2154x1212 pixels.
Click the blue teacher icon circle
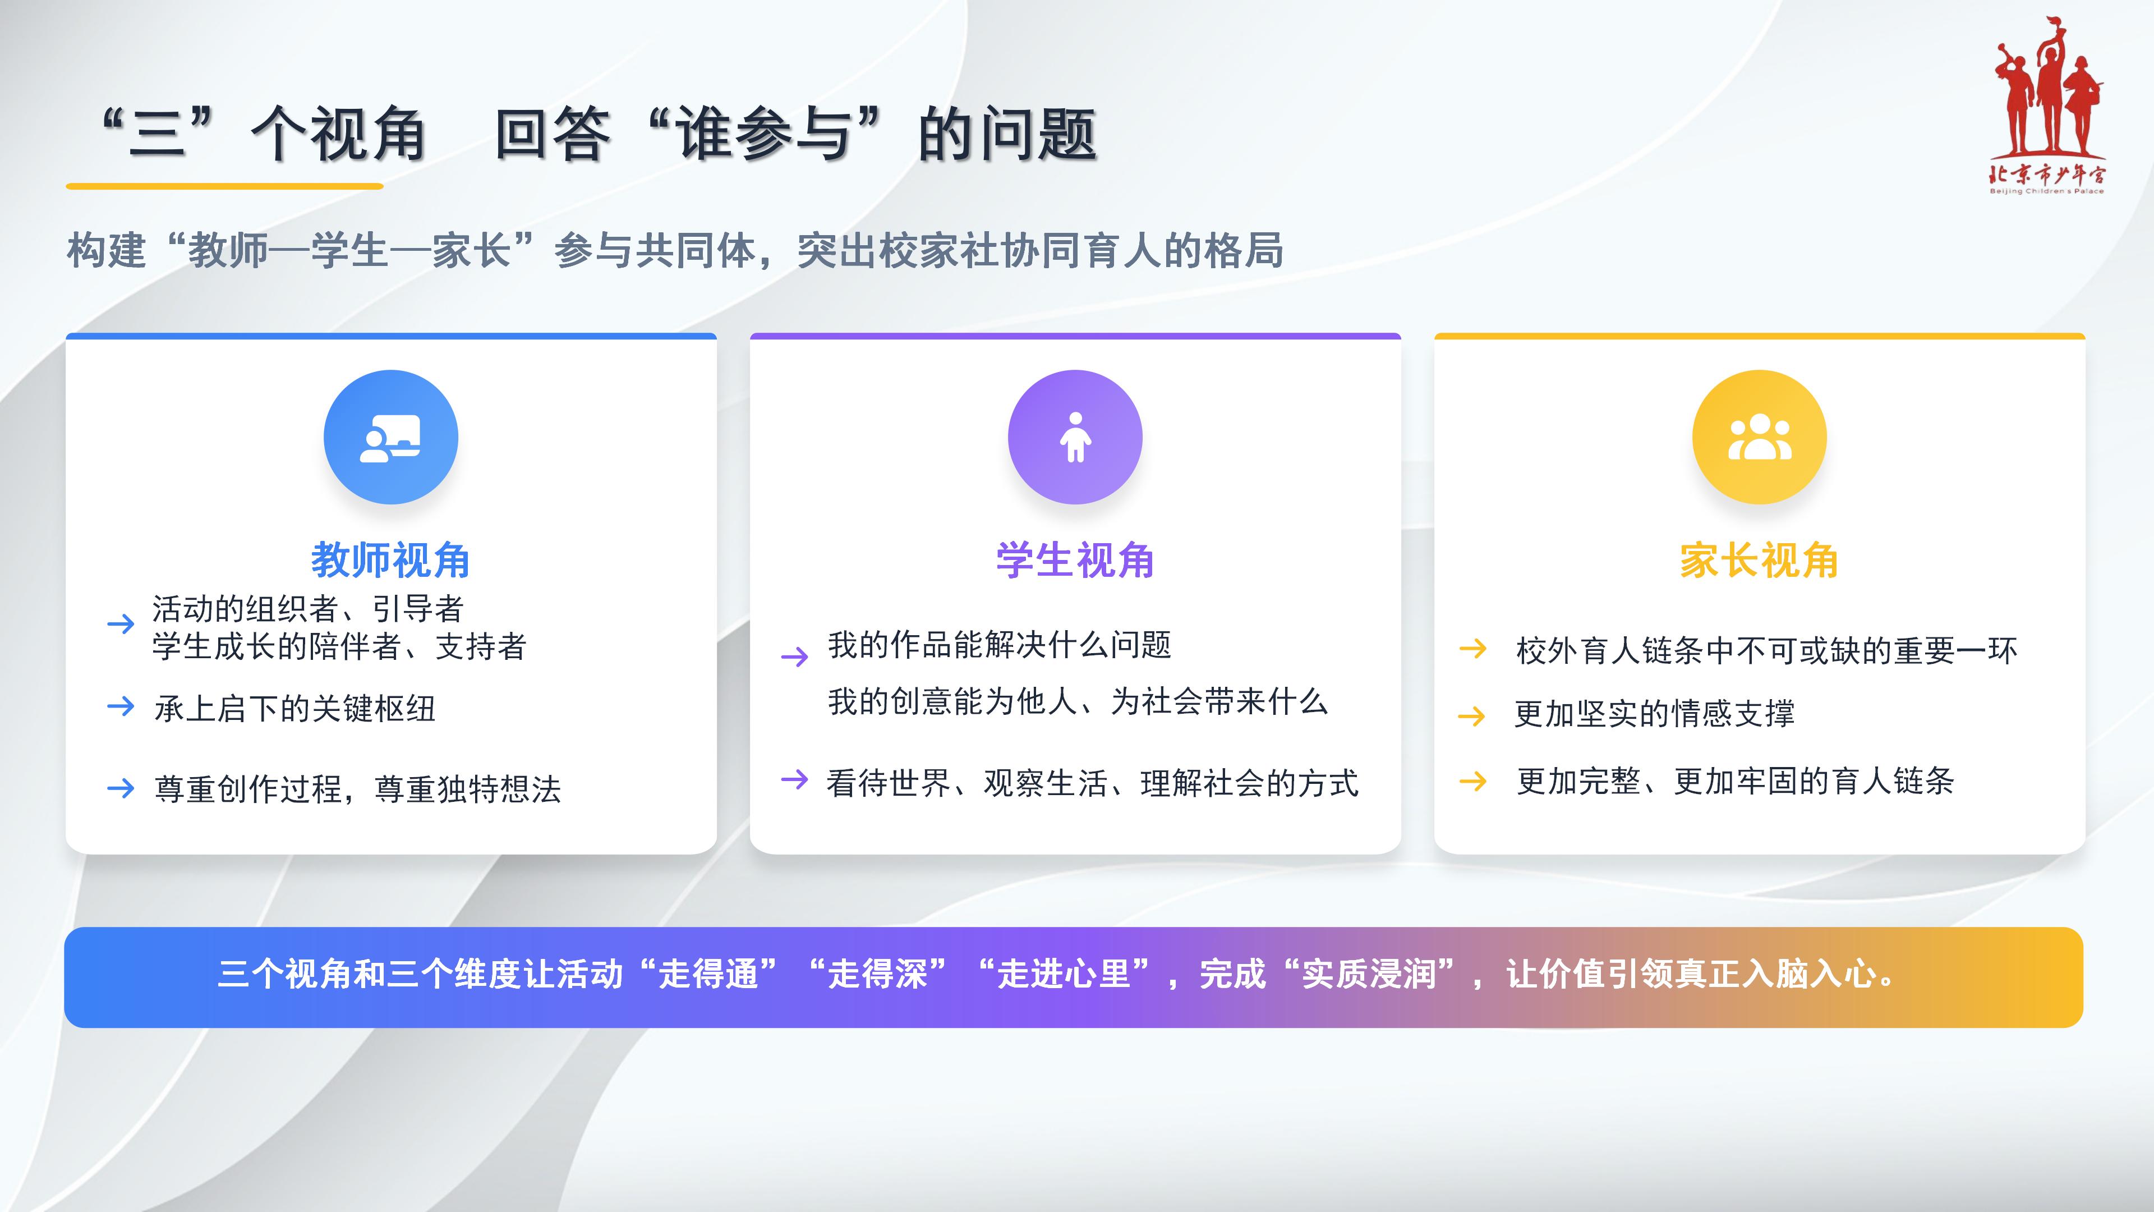point(390,437)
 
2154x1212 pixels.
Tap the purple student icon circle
point(1075,437)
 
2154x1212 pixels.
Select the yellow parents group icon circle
point(1759,437)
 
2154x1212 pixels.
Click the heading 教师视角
point(390,559)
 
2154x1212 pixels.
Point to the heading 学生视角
point(1075,559)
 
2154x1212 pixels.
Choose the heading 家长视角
point(1759,559)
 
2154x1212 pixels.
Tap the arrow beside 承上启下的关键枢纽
point(121,707)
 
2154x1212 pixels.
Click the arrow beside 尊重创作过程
point(121,788)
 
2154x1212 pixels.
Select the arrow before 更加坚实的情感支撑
point(1472,716)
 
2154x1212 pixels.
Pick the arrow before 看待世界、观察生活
point(794,779)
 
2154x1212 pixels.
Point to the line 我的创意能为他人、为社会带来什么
point(1078,701)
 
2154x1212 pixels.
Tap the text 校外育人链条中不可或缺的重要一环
point(1767,650)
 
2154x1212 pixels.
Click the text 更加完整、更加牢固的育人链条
point(1735,781)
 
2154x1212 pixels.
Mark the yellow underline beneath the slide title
point(224,186)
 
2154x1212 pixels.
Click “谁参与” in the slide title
point(765,134)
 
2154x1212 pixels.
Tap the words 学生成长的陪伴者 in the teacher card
point(276,646)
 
